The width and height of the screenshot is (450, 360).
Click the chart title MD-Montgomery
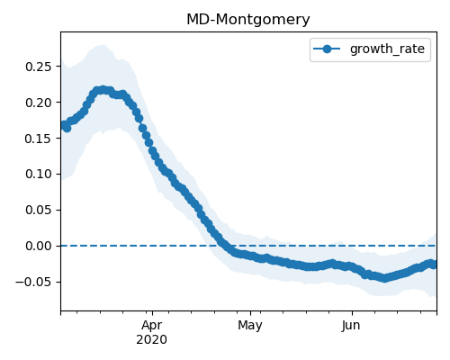tap(248, 20)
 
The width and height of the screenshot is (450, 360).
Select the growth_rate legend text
tap(387, 49)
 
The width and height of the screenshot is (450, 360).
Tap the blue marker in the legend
tap(327, 49)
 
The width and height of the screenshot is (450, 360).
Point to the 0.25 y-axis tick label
tap(39, 67)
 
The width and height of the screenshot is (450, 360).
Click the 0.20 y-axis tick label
tap(39, 103)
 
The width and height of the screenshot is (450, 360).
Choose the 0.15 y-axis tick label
tap(39, 139)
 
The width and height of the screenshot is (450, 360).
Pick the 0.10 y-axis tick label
tap(39, 174)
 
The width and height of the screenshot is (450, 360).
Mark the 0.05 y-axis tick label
tap(39, 210)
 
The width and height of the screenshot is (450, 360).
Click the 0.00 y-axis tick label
tap(39, 246)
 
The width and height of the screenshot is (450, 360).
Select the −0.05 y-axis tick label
tap(33, 282)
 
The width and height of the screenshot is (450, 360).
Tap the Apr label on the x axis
tap(152, 326)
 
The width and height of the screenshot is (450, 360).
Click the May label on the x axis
tap(250, 326)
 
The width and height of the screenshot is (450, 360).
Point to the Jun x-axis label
tap(351, 326)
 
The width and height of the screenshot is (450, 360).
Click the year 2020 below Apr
tap(152, 339)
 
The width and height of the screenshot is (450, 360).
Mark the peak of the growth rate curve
tap(103, 90)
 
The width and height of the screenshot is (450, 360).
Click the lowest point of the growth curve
tap(384, 278)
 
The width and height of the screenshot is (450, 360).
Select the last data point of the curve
tap(434, 265)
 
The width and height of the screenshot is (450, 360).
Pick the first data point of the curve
tap(64, 125)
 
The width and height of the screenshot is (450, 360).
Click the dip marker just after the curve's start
tap(67, 128)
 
